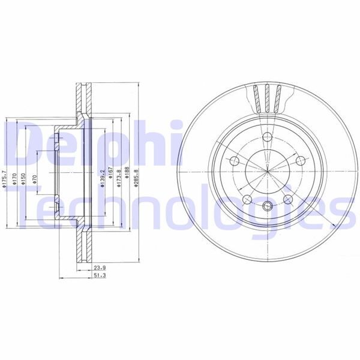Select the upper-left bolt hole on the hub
(x=235, y=160)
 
